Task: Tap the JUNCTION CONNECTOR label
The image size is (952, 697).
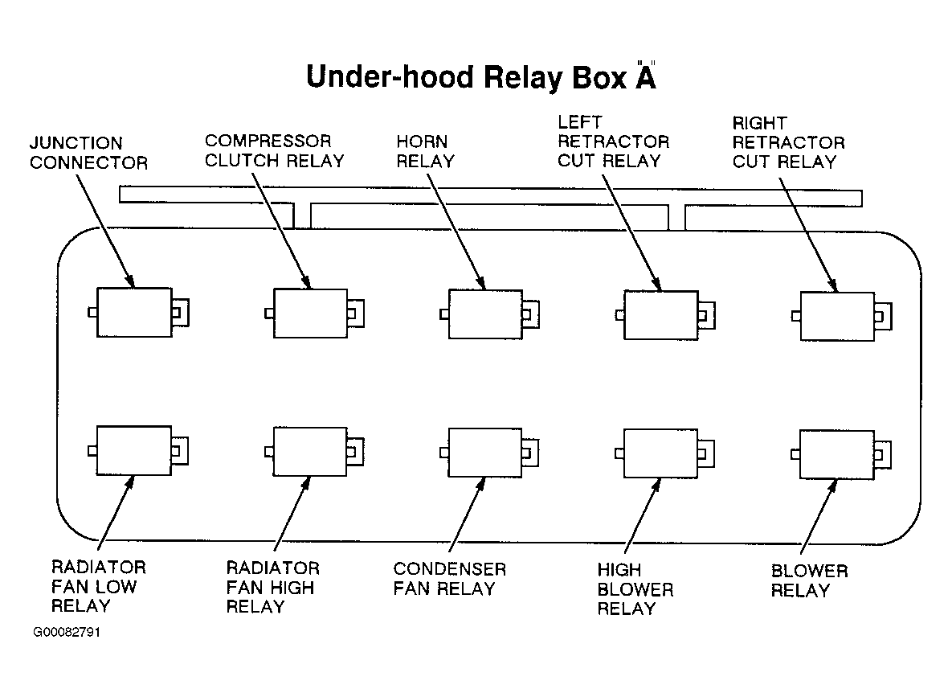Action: click(x=88, y=153)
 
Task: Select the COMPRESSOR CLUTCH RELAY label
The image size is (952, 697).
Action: click(x=274, y=151)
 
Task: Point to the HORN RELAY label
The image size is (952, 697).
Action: click(x=425, y=151)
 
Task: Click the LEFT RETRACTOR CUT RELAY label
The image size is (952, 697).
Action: click(x=613, y=141)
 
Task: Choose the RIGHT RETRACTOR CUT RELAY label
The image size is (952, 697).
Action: click(x=788, y=142)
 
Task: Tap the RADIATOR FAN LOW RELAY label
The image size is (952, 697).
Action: click(x=99, y=586)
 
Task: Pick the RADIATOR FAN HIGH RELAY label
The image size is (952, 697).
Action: click(x=272, y=587)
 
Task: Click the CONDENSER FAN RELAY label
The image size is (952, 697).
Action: click(x=449, y=579)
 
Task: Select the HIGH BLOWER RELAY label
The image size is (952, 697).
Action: click(x=635, y=589)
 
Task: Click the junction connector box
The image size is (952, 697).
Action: click(x=134, y=312)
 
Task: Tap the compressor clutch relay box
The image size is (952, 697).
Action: click(x=310, y=314)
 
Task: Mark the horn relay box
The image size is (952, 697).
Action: click(x=484, y=314)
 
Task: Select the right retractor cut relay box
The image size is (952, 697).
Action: click(x=836, y=316)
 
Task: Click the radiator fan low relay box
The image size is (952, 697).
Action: click(x=134, y=451)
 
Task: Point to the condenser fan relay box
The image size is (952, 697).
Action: click(x=484, y=453)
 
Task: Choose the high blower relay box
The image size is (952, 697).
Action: click(x=660, y=453)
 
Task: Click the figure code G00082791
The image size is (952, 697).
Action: click(x=67, y=632)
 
